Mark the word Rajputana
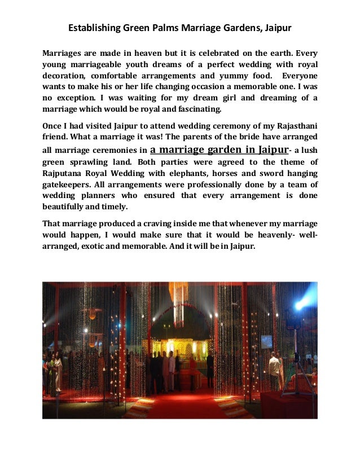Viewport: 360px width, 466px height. tap(67, 173)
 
